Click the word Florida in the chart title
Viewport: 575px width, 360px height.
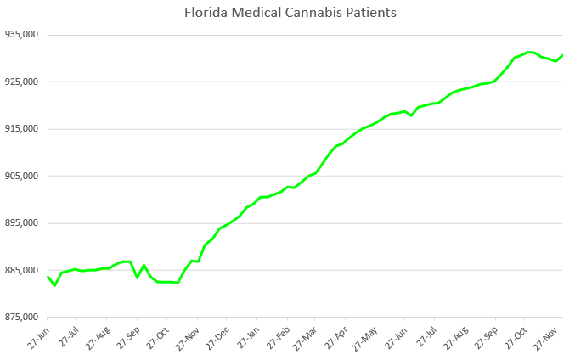coord(206,13)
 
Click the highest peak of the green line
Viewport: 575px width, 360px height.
coord(528,52)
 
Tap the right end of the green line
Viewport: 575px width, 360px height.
coord(562,55)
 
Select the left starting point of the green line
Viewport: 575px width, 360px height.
coord(48,277)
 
